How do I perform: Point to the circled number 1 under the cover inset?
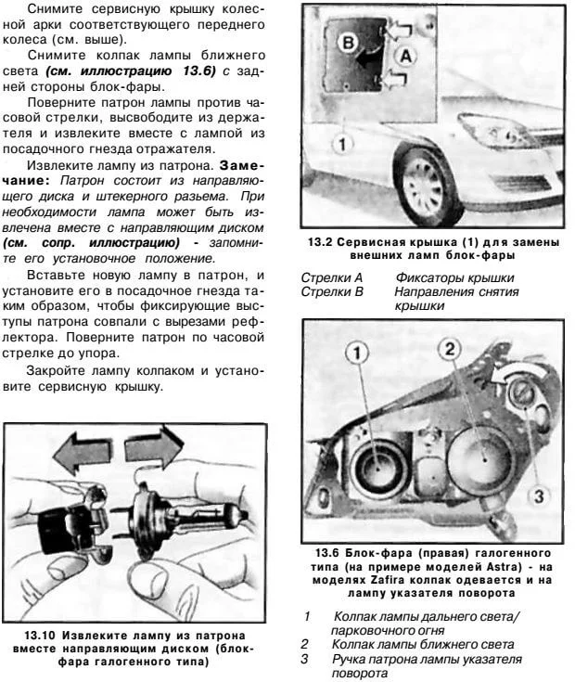tap(342, 145)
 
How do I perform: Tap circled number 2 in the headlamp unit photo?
tap(449, 350)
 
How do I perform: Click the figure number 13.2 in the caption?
tap(320, 242)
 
